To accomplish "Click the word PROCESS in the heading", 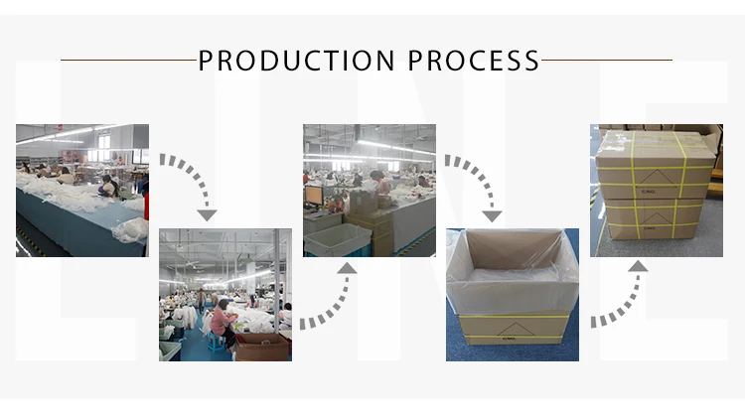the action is click(x=474, y=60).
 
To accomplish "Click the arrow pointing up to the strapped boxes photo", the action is click(x=621, y=293).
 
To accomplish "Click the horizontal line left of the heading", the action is click(x=128, y=60).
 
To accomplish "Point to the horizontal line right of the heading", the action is click(x=607, y=60).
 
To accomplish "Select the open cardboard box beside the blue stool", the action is click(x=260, y=346).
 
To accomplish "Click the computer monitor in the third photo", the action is click(x=314, y=195).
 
